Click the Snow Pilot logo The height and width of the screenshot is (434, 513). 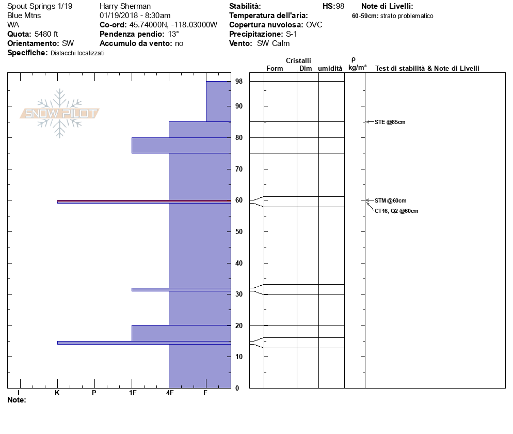[59, 113]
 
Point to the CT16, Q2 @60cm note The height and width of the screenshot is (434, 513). [396, 211]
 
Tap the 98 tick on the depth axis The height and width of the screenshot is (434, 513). [239, 82]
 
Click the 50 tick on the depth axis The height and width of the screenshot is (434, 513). [239, 231]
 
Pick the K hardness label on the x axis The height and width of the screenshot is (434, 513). [57, 393]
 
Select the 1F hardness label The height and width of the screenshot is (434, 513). [132, 393]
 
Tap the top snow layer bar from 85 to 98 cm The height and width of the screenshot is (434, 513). [218, 101]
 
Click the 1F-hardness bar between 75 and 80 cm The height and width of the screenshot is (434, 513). [150, 145]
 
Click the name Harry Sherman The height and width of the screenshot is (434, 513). [125, 6]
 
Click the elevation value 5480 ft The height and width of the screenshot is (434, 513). [46, 34]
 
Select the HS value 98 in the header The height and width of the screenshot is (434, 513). [340, 6]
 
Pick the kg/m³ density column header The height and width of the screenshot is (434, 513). [357, 68]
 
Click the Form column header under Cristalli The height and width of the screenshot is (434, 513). [275, 69]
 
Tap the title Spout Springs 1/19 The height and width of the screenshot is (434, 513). [40, 6]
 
